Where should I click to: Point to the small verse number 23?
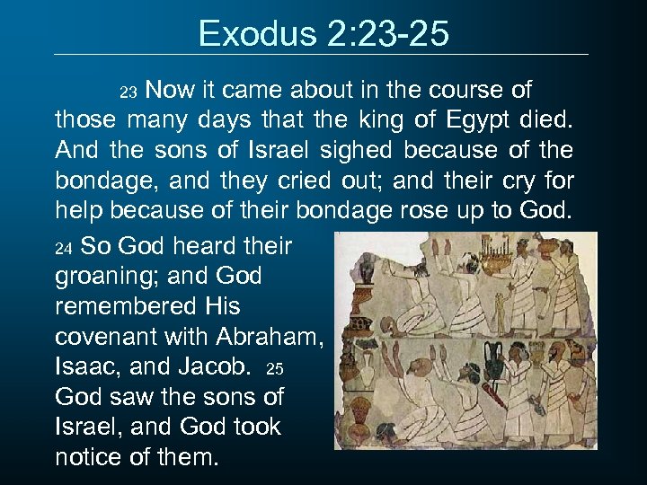point(128,93)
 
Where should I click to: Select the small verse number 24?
point(63,246)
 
